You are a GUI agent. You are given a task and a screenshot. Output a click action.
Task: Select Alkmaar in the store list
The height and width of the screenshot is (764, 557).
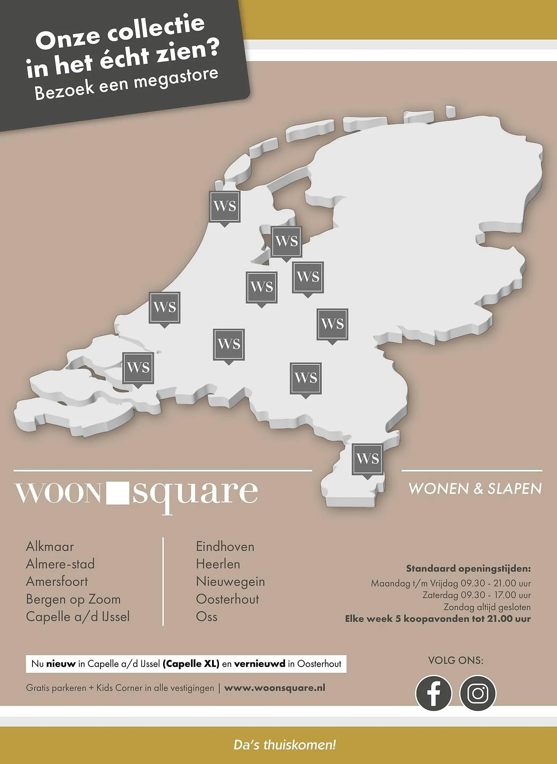click(x=50, y=547)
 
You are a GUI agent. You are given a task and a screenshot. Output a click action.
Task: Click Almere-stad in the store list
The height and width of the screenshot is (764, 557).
click(x=60, y=564)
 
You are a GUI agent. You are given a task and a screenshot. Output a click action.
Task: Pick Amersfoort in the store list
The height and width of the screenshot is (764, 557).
click(x=57, y=581)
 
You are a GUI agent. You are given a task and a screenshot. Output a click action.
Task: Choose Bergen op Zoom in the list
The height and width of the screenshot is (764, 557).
click(x=73, y=599)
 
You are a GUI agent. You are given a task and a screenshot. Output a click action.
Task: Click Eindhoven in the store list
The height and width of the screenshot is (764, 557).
click(x=225, y=547)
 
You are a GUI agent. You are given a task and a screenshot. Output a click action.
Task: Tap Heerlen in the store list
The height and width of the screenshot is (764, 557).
click(x=218, y=564)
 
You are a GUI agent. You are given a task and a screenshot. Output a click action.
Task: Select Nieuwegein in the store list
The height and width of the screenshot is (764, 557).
click(x=230, y=581)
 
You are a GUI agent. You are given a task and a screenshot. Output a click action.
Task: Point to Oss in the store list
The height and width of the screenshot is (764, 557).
click(x=206, y=617)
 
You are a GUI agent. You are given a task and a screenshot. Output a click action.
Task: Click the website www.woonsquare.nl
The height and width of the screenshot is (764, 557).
click(x=274, y=688)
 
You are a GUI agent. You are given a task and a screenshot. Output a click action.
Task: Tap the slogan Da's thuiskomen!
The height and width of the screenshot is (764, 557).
click(x=285, y=745)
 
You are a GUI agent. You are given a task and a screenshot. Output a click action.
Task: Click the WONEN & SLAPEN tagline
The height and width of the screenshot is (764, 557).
click(x=475, y=489)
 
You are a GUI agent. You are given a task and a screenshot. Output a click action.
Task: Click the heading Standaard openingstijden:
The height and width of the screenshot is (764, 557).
click(x=468, y=568)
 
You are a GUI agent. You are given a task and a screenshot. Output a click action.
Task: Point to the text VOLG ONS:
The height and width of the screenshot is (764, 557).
click(x=455, y=660)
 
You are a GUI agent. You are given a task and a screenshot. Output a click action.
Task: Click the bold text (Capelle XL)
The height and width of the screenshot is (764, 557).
click(x=191, y=664)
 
